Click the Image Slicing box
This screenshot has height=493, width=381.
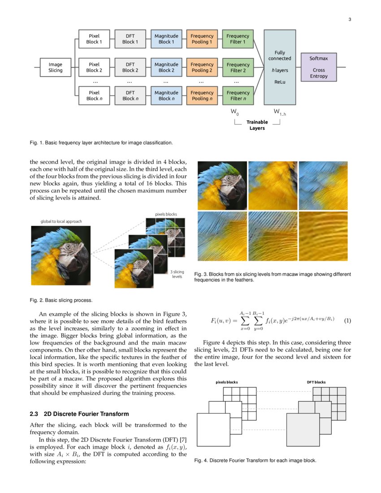tap(56, 67)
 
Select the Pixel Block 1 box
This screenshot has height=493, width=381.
tap(94, 39)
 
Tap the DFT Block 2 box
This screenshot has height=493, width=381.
tap(130, 67)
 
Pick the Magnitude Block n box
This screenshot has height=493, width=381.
tap(166, 95)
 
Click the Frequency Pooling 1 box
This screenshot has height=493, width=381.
tap(202, 39)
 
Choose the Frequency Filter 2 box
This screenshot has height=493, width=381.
tap(238, 67)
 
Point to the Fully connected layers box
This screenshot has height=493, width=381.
tap(280, 67)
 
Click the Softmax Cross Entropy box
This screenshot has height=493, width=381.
tap(319, 67)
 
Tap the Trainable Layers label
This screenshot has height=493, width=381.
tap(257, 125)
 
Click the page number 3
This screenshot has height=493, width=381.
tap(350, 19)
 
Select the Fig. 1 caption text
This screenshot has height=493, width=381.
tap(101, 143)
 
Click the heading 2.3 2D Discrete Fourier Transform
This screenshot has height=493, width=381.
tap(79, 414)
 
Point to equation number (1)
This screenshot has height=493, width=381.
tap(347, 321)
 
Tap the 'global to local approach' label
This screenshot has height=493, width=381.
tap(61, 221)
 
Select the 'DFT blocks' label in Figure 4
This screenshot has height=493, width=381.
tap(316, 382)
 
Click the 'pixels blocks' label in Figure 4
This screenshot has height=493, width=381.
tap(227, 382)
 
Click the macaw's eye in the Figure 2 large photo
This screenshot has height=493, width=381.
tap(68, 246)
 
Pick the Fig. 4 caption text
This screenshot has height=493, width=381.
tap(255, 460)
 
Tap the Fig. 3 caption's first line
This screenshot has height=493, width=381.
tap(273, 274)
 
